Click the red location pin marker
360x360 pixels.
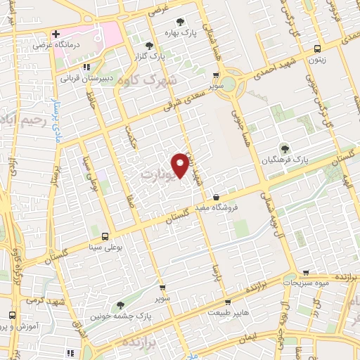(181, 164)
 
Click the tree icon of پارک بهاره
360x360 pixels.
(181, 22)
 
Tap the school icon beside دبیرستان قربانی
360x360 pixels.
(86, 68)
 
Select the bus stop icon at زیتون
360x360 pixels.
(319, 49)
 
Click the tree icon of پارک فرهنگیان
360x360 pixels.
(284, 148)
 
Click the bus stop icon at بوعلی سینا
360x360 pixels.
(105, 237)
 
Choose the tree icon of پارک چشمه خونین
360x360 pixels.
(120, 305)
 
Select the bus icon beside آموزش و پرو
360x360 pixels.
(12, 314)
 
